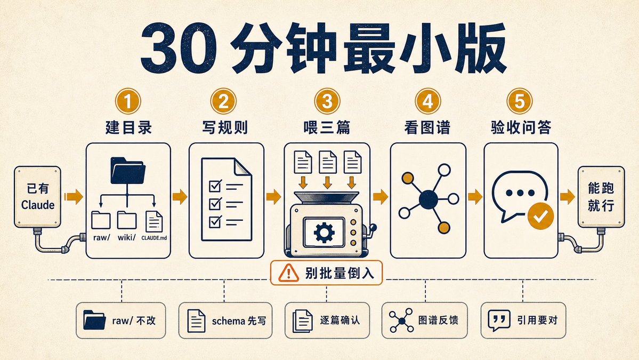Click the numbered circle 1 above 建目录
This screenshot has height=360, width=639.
coord(128,101)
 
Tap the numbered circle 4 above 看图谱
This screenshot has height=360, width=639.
coord(427,101)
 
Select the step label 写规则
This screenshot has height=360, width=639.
coord(225,127)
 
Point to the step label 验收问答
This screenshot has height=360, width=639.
coord(521,127)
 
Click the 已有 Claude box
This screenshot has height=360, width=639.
coord(37,196)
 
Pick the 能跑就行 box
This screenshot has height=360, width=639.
coord(601,196)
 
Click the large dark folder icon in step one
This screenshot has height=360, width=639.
coord(128,170)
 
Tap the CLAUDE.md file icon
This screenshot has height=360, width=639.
coord(154,222)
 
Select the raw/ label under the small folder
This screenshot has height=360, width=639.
coord(101,237)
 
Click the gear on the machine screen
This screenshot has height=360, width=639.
coord(324,233)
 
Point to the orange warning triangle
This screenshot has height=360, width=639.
coord(288,273)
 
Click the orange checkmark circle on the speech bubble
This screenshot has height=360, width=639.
coord(540,215)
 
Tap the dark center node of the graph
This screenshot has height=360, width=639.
coord(428,199)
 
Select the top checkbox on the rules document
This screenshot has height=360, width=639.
coord(215,186)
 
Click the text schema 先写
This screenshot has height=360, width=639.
coord(239,321)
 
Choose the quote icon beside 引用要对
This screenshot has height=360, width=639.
coord(499,320)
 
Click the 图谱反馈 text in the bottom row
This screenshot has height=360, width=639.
coord(438,320)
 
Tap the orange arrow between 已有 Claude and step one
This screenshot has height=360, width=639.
coord(74,196)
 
